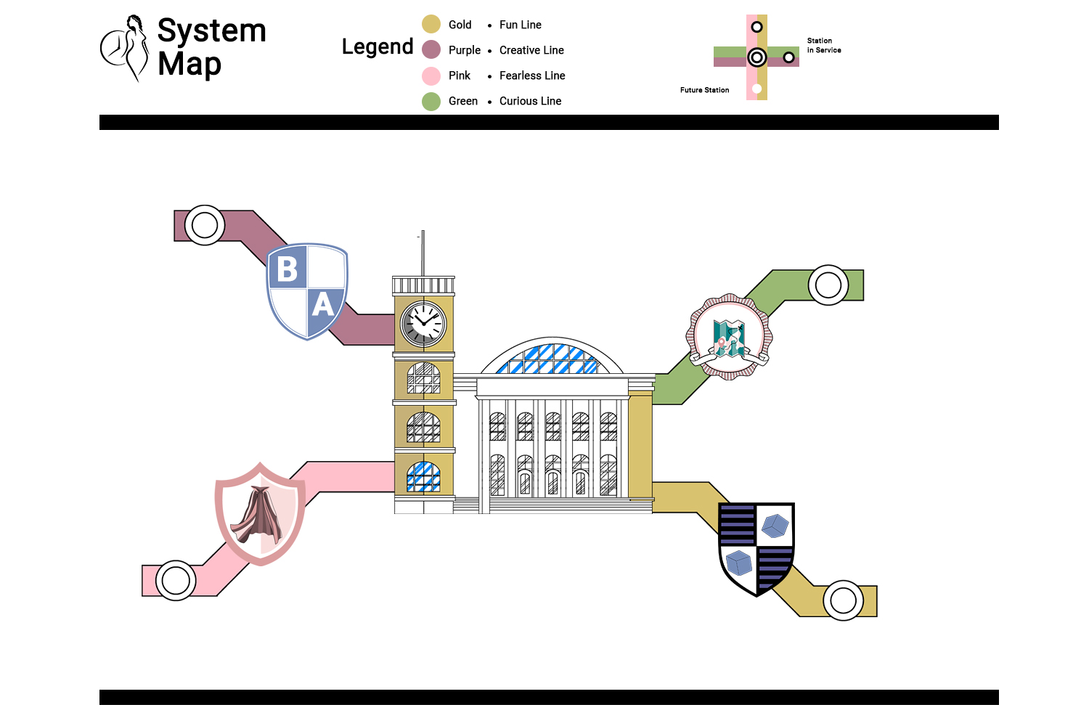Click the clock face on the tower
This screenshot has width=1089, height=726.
[424, 323]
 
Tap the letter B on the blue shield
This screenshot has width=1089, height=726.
[287, 269]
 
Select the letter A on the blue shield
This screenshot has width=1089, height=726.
[323, 304]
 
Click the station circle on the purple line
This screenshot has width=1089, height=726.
[205, 225]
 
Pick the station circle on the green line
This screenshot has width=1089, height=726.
[828, 285]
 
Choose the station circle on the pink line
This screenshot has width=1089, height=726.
[176, 581]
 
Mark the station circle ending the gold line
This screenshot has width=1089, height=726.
[843, 600]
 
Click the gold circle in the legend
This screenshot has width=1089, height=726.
[431, 25]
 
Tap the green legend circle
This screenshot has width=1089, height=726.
[431, 101]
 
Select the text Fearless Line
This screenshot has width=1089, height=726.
[532, 76]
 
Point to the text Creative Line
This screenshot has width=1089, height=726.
[531, 50]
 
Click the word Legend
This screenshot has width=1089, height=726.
[378, 47]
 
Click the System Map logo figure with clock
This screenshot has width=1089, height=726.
[124, 48]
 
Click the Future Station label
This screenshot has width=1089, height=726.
[704, 90]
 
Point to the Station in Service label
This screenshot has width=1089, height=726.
[824, 46]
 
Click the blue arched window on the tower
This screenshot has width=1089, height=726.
[423, 477]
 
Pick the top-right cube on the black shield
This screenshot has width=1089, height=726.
[775, 525]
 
